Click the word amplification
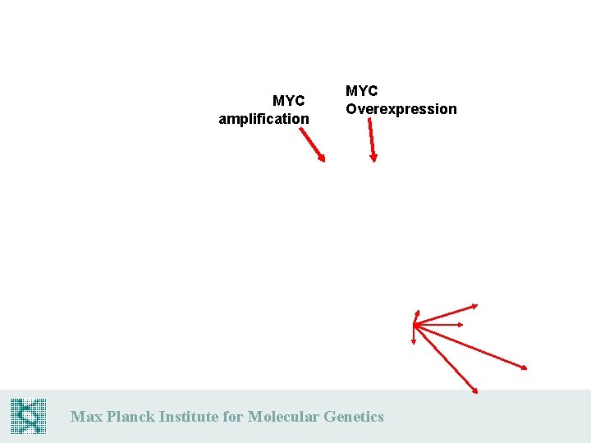(263, 119)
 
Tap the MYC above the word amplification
(288, 101)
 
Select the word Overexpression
(401, 109)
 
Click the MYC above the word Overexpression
(361, 91)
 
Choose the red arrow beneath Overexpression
(371, 139)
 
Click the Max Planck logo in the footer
(28, 416)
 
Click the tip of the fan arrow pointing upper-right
(476, 307)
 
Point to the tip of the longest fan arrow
(525, 368)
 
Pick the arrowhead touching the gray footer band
(475, 391)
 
